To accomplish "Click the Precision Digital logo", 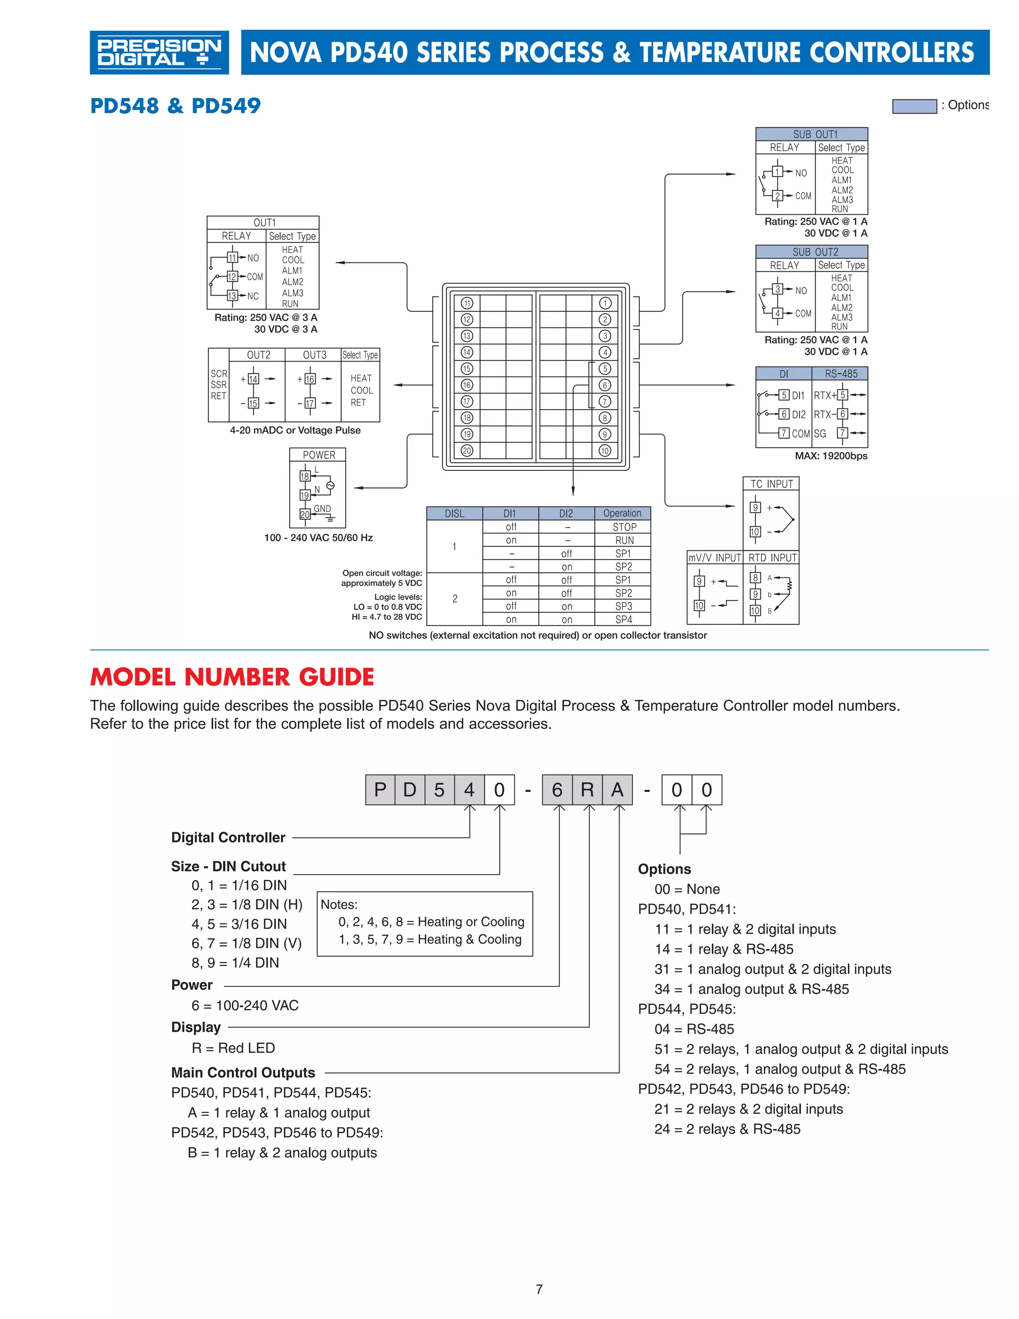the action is point(159,53).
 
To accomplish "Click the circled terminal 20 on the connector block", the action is point(467,450).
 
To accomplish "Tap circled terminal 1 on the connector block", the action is point(605,303).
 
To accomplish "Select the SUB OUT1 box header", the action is point(812,134).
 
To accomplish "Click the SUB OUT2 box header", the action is point(812,252).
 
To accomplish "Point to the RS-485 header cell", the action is point(840,374).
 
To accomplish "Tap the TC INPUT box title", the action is point(771,484).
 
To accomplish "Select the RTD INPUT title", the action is point(772,557).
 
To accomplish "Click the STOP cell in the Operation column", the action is point(623,527).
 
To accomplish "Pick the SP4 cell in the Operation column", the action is point(623,619).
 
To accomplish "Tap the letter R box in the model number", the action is point(587,789).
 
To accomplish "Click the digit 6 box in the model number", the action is point(557,789).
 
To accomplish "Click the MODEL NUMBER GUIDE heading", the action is point(232,677).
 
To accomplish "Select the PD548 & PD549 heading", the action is point(175,106).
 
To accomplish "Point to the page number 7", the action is point(539,1289).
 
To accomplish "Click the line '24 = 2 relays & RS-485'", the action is point(727,1129).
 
